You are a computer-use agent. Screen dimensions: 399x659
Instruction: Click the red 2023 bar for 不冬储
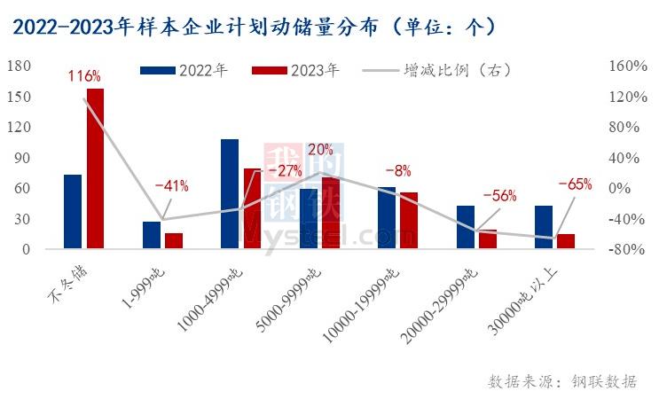coord(95,168)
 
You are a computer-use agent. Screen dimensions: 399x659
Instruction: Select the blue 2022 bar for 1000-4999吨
coord(230,194)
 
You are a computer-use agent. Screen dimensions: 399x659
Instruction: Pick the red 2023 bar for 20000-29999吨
coord(487,239)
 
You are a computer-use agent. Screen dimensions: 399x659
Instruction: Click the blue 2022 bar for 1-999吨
coord(152,235)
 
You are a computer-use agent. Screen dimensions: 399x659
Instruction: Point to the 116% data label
coord(84,76)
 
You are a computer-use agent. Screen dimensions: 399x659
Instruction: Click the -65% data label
coord(575,184)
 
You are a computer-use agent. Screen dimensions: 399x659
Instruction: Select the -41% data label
coord(171,186)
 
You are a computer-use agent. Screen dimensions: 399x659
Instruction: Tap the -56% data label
coord(498,197)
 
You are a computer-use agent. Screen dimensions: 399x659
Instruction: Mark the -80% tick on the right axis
coord(624,249)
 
